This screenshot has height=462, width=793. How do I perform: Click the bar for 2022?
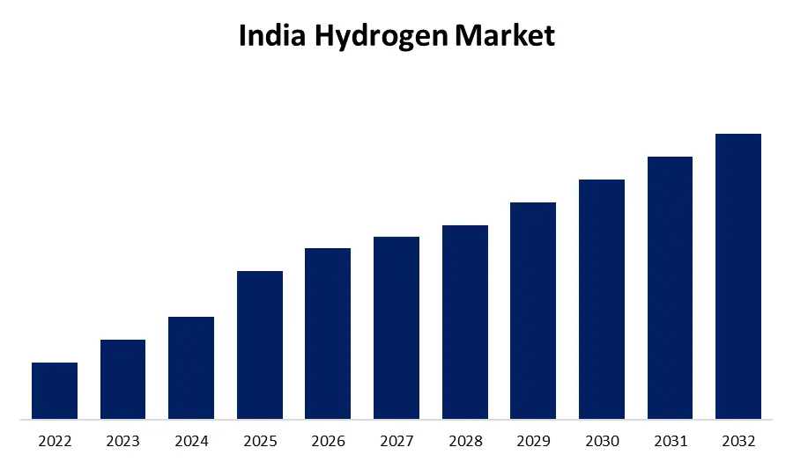[55, 391]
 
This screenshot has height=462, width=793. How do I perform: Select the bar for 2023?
[122, 379]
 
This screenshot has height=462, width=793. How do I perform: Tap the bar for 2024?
[191, 368]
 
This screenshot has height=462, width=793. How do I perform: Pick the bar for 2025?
[260, 345]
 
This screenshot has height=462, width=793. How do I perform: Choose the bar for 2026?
[328, 334]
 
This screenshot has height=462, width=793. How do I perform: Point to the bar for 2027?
[396, 327]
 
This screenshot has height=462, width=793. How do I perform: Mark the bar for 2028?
[465, 322]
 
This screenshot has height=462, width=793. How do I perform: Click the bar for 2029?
[533, 311]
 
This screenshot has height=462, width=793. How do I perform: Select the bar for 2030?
[602, 299]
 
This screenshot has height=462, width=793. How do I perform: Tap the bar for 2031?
[670, 288]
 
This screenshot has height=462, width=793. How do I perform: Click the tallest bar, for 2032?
[738, 276]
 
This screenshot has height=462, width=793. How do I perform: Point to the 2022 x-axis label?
[55, 440]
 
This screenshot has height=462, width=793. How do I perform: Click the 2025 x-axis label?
[260, 440]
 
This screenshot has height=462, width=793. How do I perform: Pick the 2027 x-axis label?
[396, 440]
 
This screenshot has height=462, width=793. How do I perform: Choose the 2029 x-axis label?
[533, 440]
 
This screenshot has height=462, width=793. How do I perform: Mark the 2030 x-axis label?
[602, 440]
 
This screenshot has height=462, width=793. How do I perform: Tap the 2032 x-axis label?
[738, 440]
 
